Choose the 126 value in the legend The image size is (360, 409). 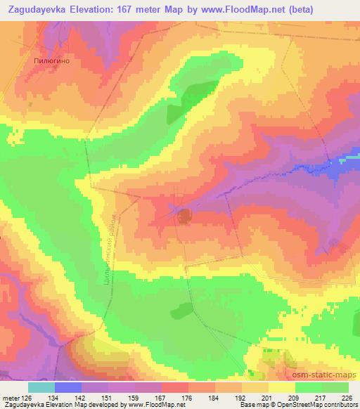(x=27, y=398)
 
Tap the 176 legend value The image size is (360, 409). (x=188, y=398)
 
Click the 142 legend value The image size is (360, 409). (x=81, y=398)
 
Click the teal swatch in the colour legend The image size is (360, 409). (x=41, y=387)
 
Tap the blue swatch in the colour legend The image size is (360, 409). (x=67, y=387)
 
